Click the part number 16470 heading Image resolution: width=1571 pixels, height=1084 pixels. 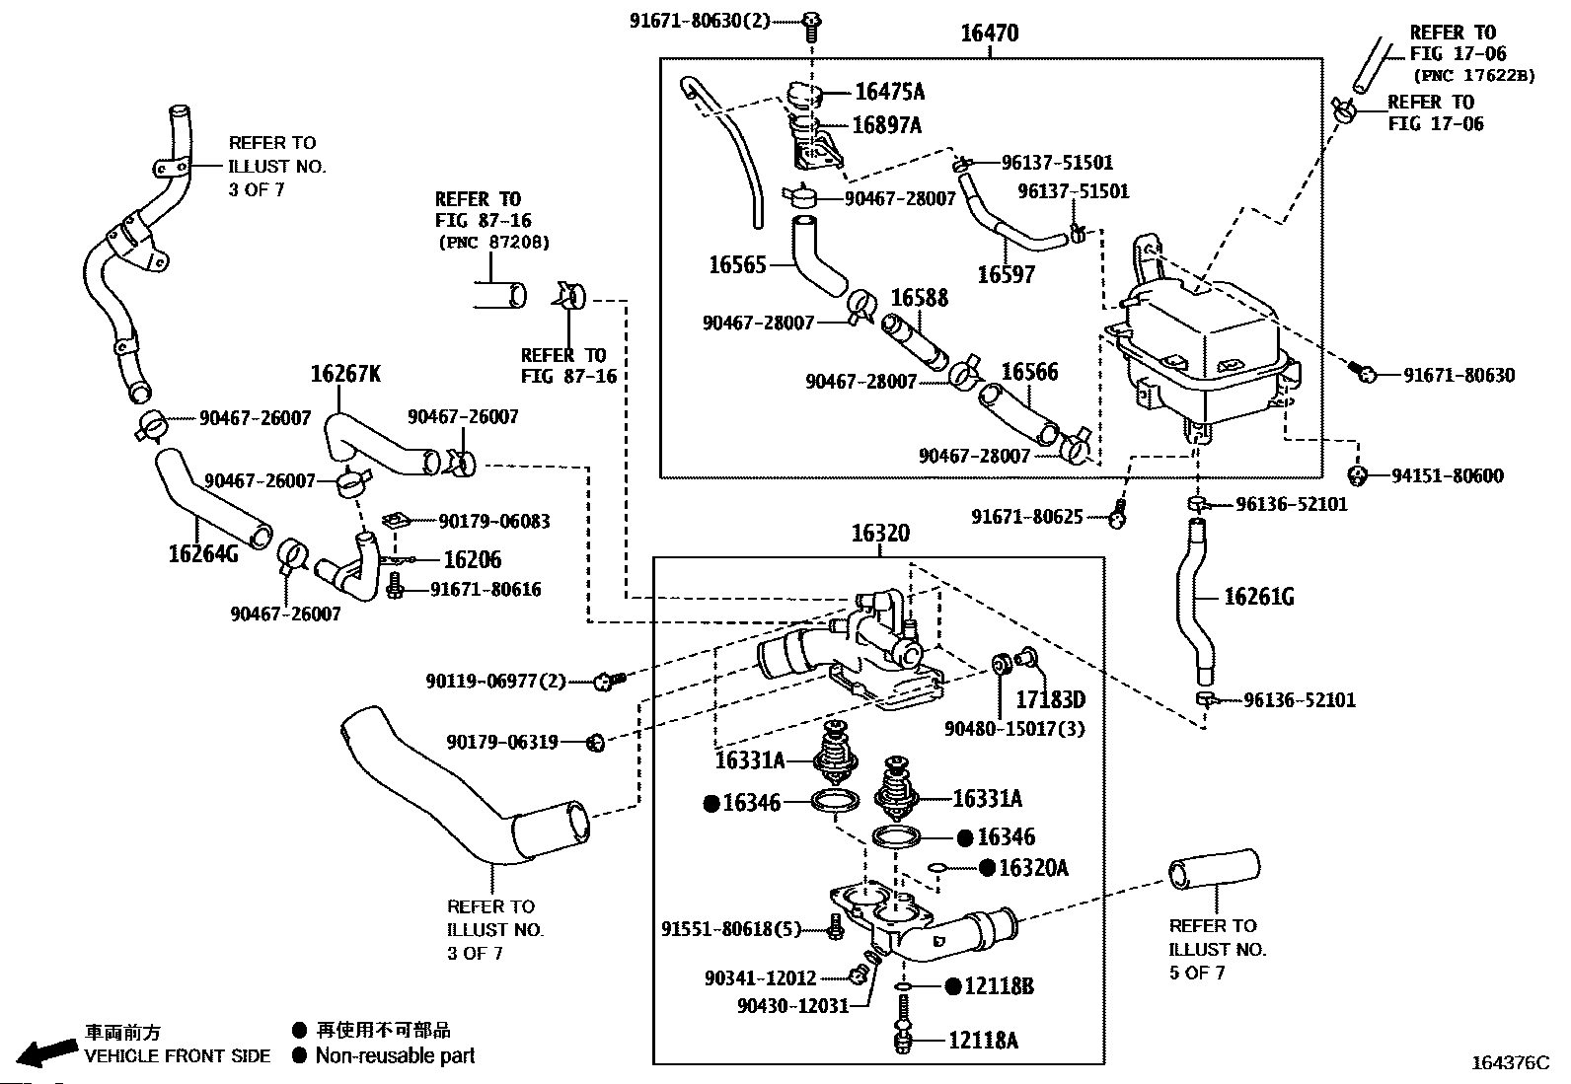tap(989, 34)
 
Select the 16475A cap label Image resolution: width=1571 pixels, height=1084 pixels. tap(889, 93)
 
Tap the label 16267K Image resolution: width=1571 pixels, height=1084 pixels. tap(345, 374)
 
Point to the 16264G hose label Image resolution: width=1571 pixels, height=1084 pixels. tap(203, 554)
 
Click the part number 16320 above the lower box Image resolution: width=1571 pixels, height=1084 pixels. tap(880, 534)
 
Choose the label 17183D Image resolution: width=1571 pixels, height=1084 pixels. tap(1051, 699)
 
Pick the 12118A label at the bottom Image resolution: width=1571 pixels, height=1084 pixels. tap(983, 1040)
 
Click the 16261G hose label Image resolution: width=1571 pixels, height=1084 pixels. tap(1259, 597)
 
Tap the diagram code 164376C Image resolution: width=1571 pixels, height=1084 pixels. tap(1510, 1062)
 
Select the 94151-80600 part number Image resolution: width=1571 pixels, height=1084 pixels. tap(1448, 476)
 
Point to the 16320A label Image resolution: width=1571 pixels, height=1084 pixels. tap(1033, 868)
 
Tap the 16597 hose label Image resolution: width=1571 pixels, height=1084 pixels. tap(1006, 274)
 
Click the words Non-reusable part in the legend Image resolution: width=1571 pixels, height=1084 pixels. tap(395, 1056)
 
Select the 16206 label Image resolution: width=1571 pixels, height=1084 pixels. tap(472, 560)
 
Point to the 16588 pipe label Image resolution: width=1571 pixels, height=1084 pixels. tap(919, 298)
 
